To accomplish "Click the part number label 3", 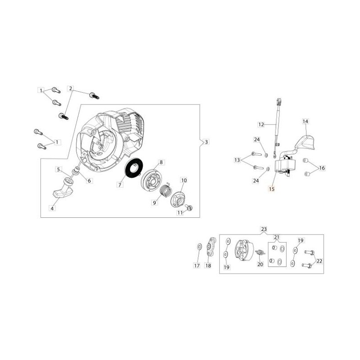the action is tap(207, 142).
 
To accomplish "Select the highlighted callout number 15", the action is tap(272, 189).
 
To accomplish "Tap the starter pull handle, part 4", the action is tap(62, 188).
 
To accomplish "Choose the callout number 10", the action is tap(184, 180).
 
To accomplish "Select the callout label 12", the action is tap(261, 125).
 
